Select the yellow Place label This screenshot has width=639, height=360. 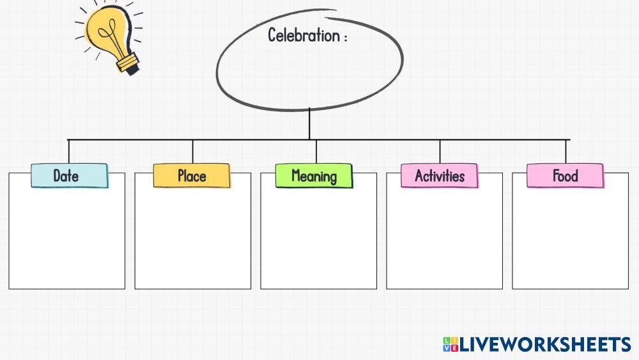click(192, 176)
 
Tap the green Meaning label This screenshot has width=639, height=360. click(314, 176)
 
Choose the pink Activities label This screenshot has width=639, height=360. click(440, 176)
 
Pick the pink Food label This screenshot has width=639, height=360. click(565, 176)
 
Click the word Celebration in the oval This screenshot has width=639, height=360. click(304, 35)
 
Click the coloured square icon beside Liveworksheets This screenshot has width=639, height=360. click(450, 345)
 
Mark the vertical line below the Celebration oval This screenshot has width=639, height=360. click(310, 123)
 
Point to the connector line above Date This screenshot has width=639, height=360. click(69, 152)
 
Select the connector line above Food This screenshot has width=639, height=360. click(566, 152)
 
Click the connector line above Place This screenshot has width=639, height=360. click(192, 152)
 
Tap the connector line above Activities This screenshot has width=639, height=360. click(440, 152)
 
